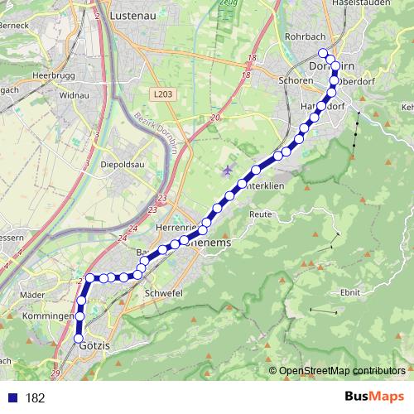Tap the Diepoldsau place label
point(123,162)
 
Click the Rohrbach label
point(301,36)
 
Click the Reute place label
point(262,214)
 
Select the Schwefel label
point(162,294)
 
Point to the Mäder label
point(31,294)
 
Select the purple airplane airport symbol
point(228,171)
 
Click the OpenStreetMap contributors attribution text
point(342,370)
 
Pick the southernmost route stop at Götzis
point(79,339)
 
